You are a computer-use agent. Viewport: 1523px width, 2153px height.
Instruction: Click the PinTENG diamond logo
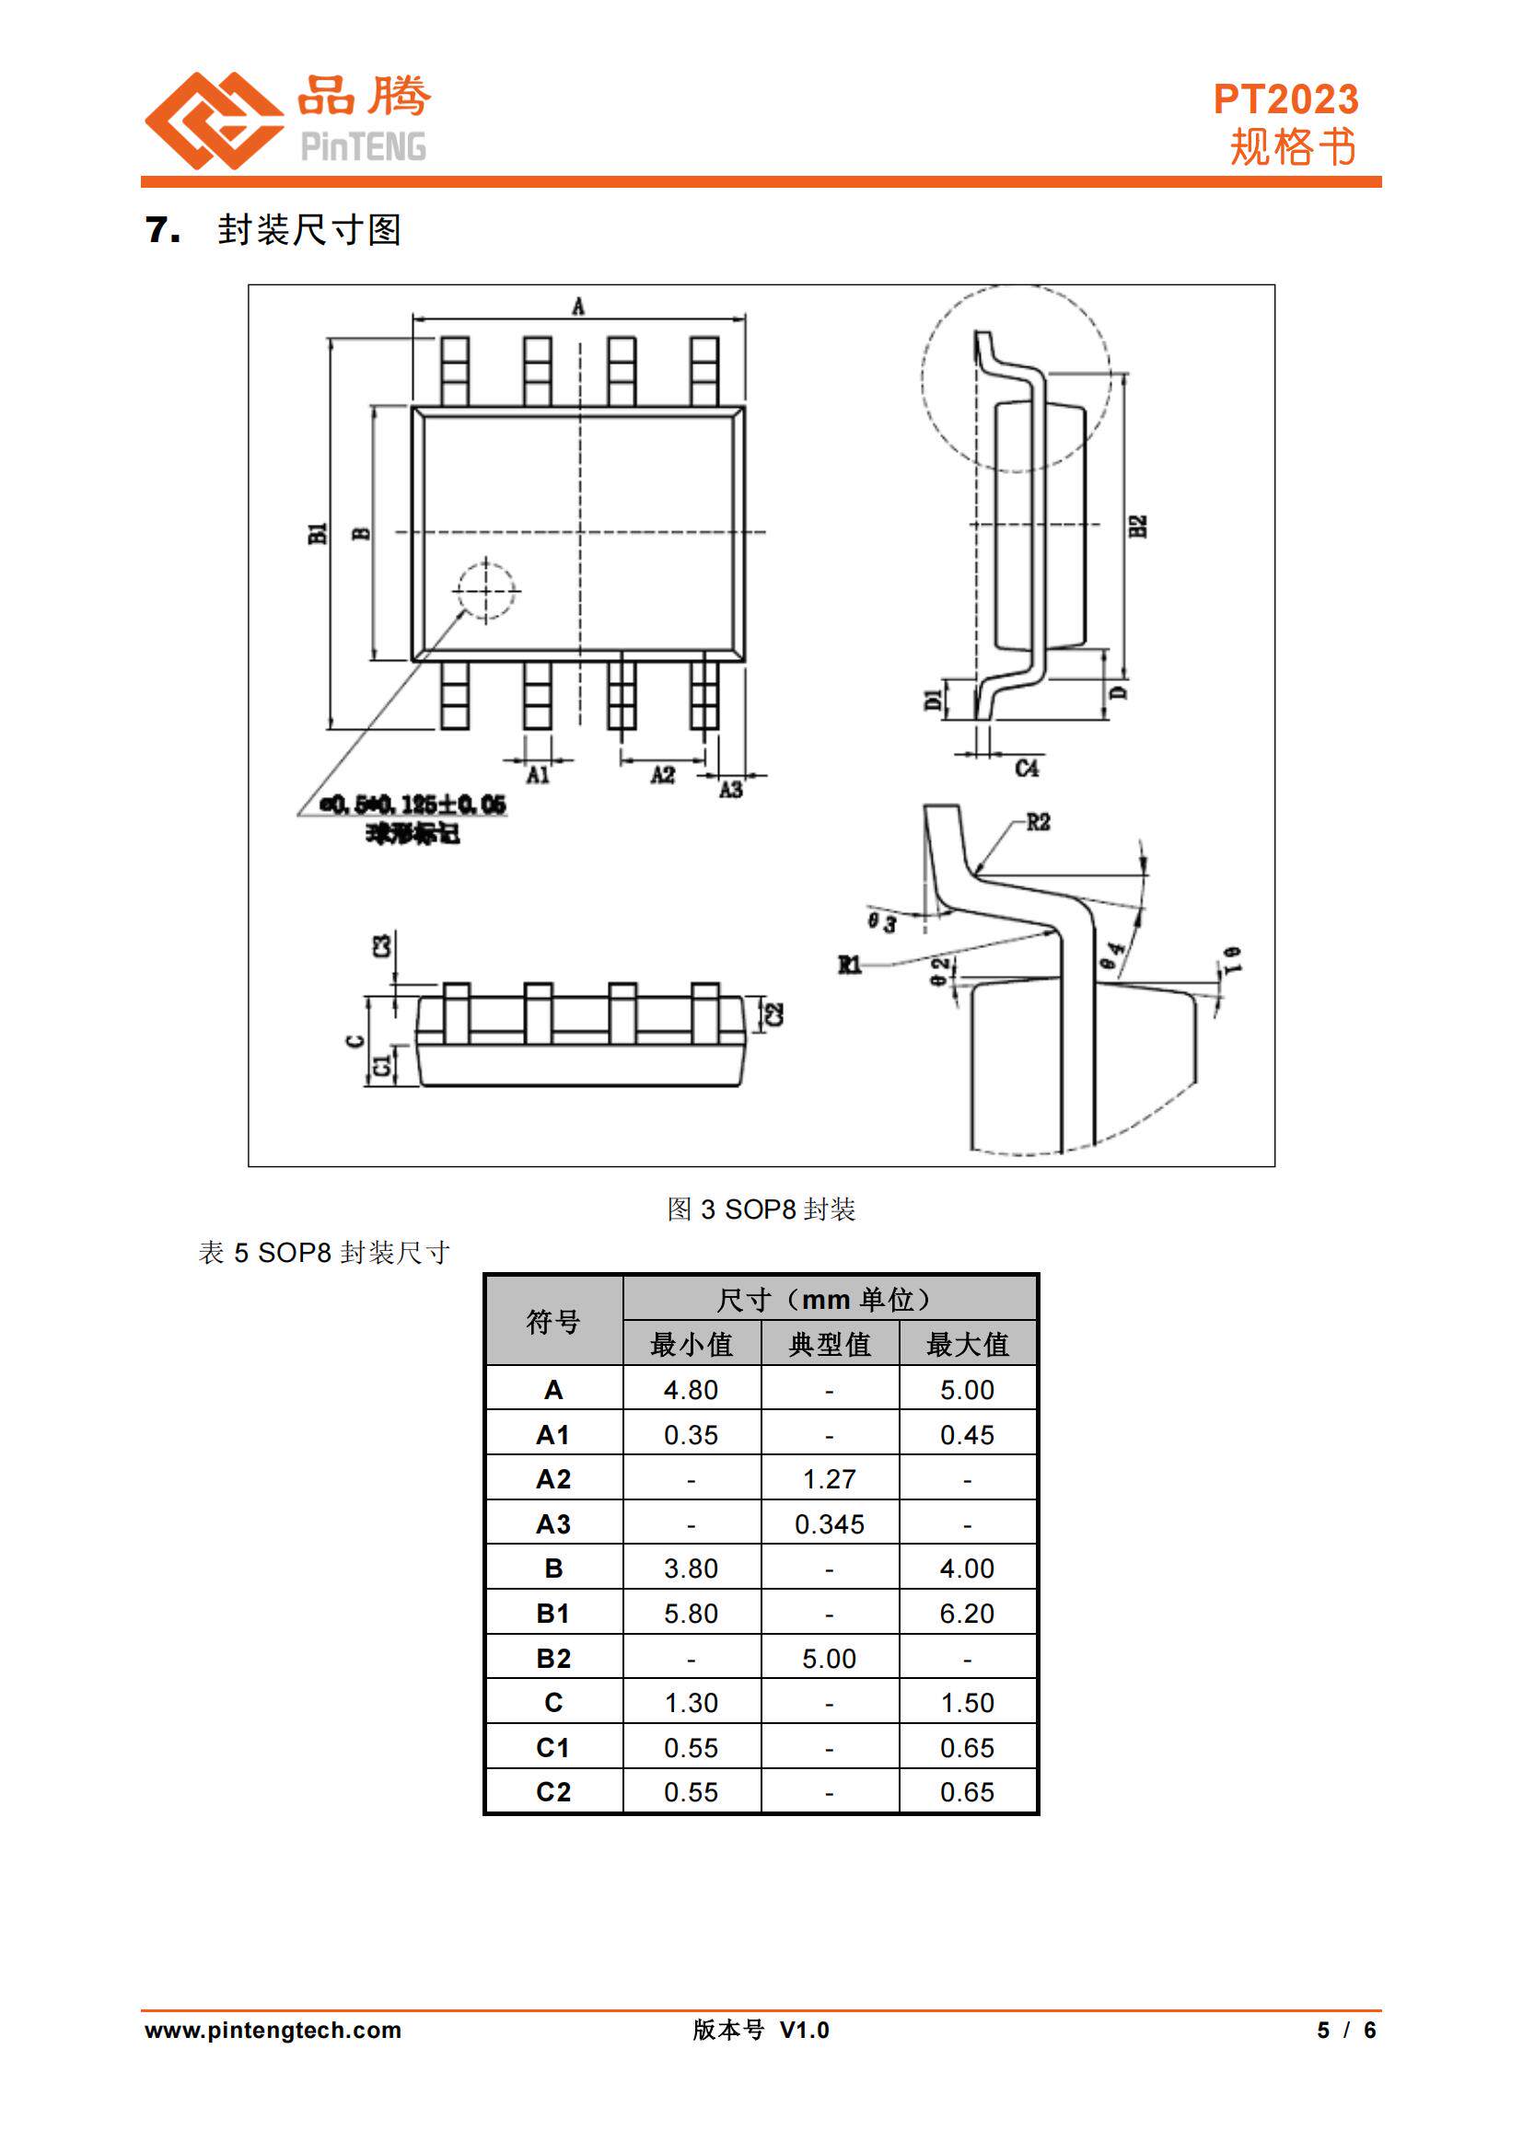coord(214,120)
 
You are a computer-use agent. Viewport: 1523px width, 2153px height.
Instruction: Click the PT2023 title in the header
coord(1285,99)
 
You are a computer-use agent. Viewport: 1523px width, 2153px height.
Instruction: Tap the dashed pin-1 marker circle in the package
coord(486,591)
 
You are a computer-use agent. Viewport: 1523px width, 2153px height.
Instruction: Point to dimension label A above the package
coord(577,307)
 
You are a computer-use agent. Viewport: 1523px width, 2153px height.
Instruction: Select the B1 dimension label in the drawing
coord(318,533)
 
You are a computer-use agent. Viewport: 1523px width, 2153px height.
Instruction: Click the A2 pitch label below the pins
coord(663,774)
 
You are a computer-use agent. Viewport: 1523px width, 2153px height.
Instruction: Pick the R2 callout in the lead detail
coord(1037,822)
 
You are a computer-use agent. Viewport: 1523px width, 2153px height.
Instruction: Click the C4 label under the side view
coord(1027,768)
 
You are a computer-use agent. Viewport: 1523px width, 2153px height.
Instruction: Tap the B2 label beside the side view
coord(1138,527)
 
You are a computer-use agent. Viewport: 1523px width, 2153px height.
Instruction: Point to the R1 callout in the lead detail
coord(850,964)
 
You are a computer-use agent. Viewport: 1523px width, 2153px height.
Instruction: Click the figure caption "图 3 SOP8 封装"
coord(761,1210)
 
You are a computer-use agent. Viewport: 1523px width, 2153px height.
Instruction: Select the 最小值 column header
coord(692,1345)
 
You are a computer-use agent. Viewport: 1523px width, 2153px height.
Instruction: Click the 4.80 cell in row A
coord(692,1390)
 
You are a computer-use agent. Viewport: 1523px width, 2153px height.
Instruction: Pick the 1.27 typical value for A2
coord(829,1479)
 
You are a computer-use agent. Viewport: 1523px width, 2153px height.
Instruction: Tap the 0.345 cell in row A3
coord(829,1523)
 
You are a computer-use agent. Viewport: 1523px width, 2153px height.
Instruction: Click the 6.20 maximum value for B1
coord(967,1614)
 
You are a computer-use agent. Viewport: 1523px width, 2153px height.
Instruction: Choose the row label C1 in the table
coord(553,1748)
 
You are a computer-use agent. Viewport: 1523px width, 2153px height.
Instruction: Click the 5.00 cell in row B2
coord(829,1659)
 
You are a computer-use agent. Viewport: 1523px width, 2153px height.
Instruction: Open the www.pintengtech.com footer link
coord(273,2031)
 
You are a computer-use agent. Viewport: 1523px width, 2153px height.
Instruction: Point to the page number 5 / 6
coord(1346,2031)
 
